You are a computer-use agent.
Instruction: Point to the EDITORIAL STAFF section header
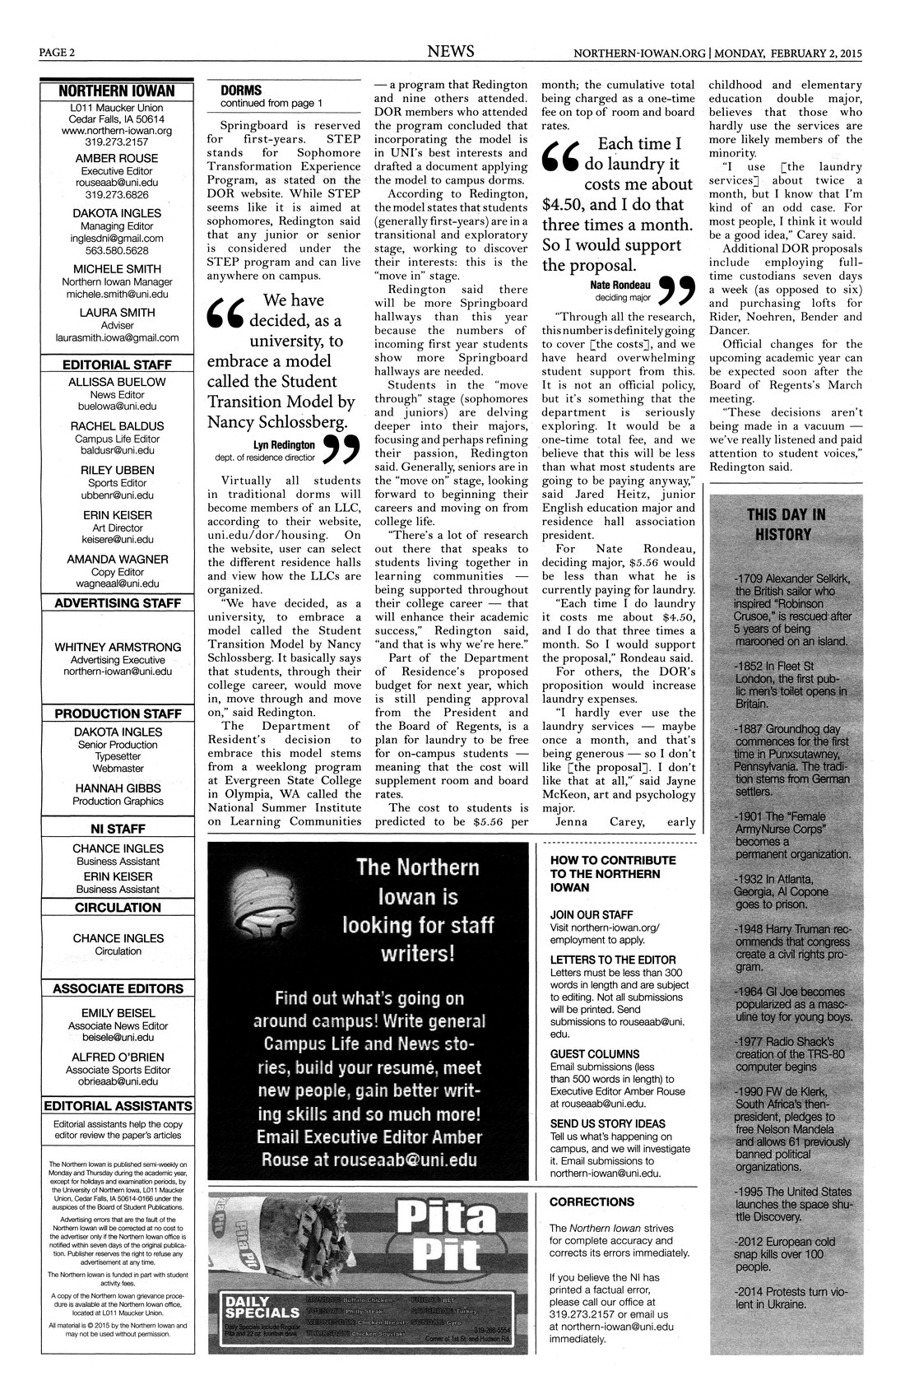[116, 365]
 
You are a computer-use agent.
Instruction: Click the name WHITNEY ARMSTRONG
[118, 648]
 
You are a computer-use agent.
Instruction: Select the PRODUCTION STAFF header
[117, 713]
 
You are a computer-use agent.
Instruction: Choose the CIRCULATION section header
[118, 908]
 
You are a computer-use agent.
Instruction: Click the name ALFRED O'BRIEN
[118, 1057]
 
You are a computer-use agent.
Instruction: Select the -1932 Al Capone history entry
[782, 891]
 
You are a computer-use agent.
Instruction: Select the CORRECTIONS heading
[592, 1201]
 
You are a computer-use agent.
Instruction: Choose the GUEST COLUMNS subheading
[594, 1053]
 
